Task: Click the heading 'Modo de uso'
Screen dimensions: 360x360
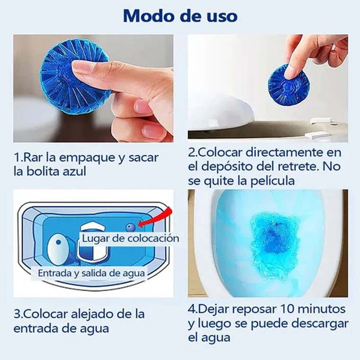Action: (x=180, y=16)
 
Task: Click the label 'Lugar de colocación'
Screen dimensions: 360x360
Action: (x=131, y=238)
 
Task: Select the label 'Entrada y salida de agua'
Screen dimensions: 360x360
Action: (x=91, y=273)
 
